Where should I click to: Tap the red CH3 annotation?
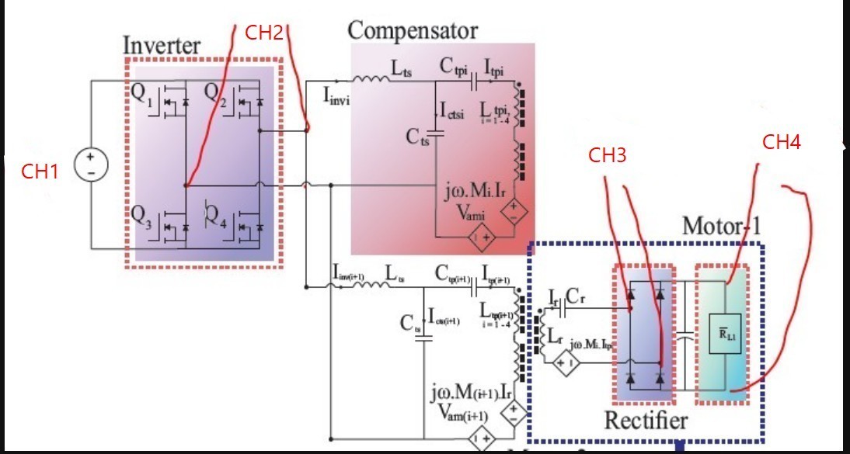(608, 156)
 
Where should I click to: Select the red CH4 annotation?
(781, 141)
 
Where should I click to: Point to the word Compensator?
(412, 31)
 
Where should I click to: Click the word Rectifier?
(646, 420)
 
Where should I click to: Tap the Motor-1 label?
(721, 226)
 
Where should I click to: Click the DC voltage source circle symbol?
(91, 166)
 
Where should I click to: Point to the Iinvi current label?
(337, 96)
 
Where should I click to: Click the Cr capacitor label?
(576, 296)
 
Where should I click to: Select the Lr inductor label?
(556, 337)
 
